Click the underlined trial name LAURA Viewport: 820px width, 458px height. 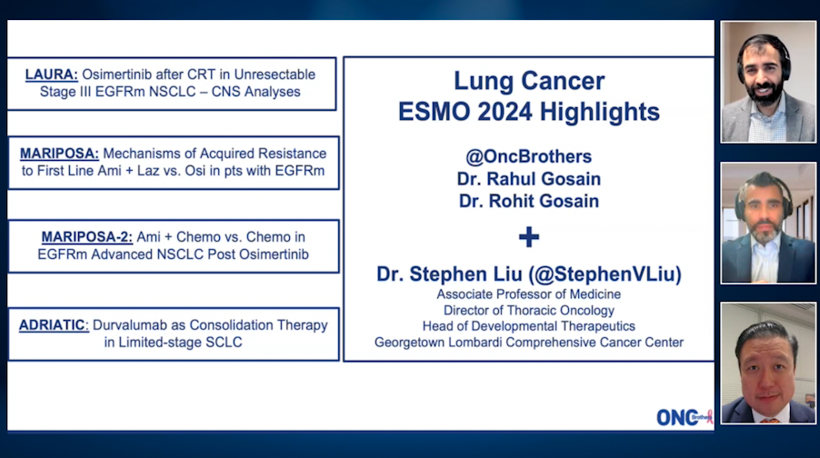click(51, 74)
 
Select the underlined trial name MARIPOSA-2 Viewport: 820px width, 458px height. click(87, 236)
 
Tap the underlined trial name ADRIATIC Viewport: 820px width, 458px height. click(53, 324)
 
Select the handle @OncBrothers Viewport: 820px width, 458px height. click(528, 157)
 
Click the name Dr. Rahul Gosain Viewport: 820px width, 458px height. click(528, 179)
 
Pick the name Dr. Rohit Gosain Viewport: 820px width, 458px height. click(528, 201)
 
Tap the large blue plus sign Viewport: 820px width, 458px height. click(528, 237)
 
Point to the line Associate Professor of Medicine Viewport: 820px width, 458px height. click(528, 294)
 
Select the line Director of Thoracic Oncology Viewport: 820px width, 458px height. click(528, 311)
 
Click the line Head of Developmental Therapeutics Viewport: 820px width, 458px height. click(528, 326)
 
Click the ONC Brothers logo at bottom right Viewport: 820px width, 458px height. click(684, 416)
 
